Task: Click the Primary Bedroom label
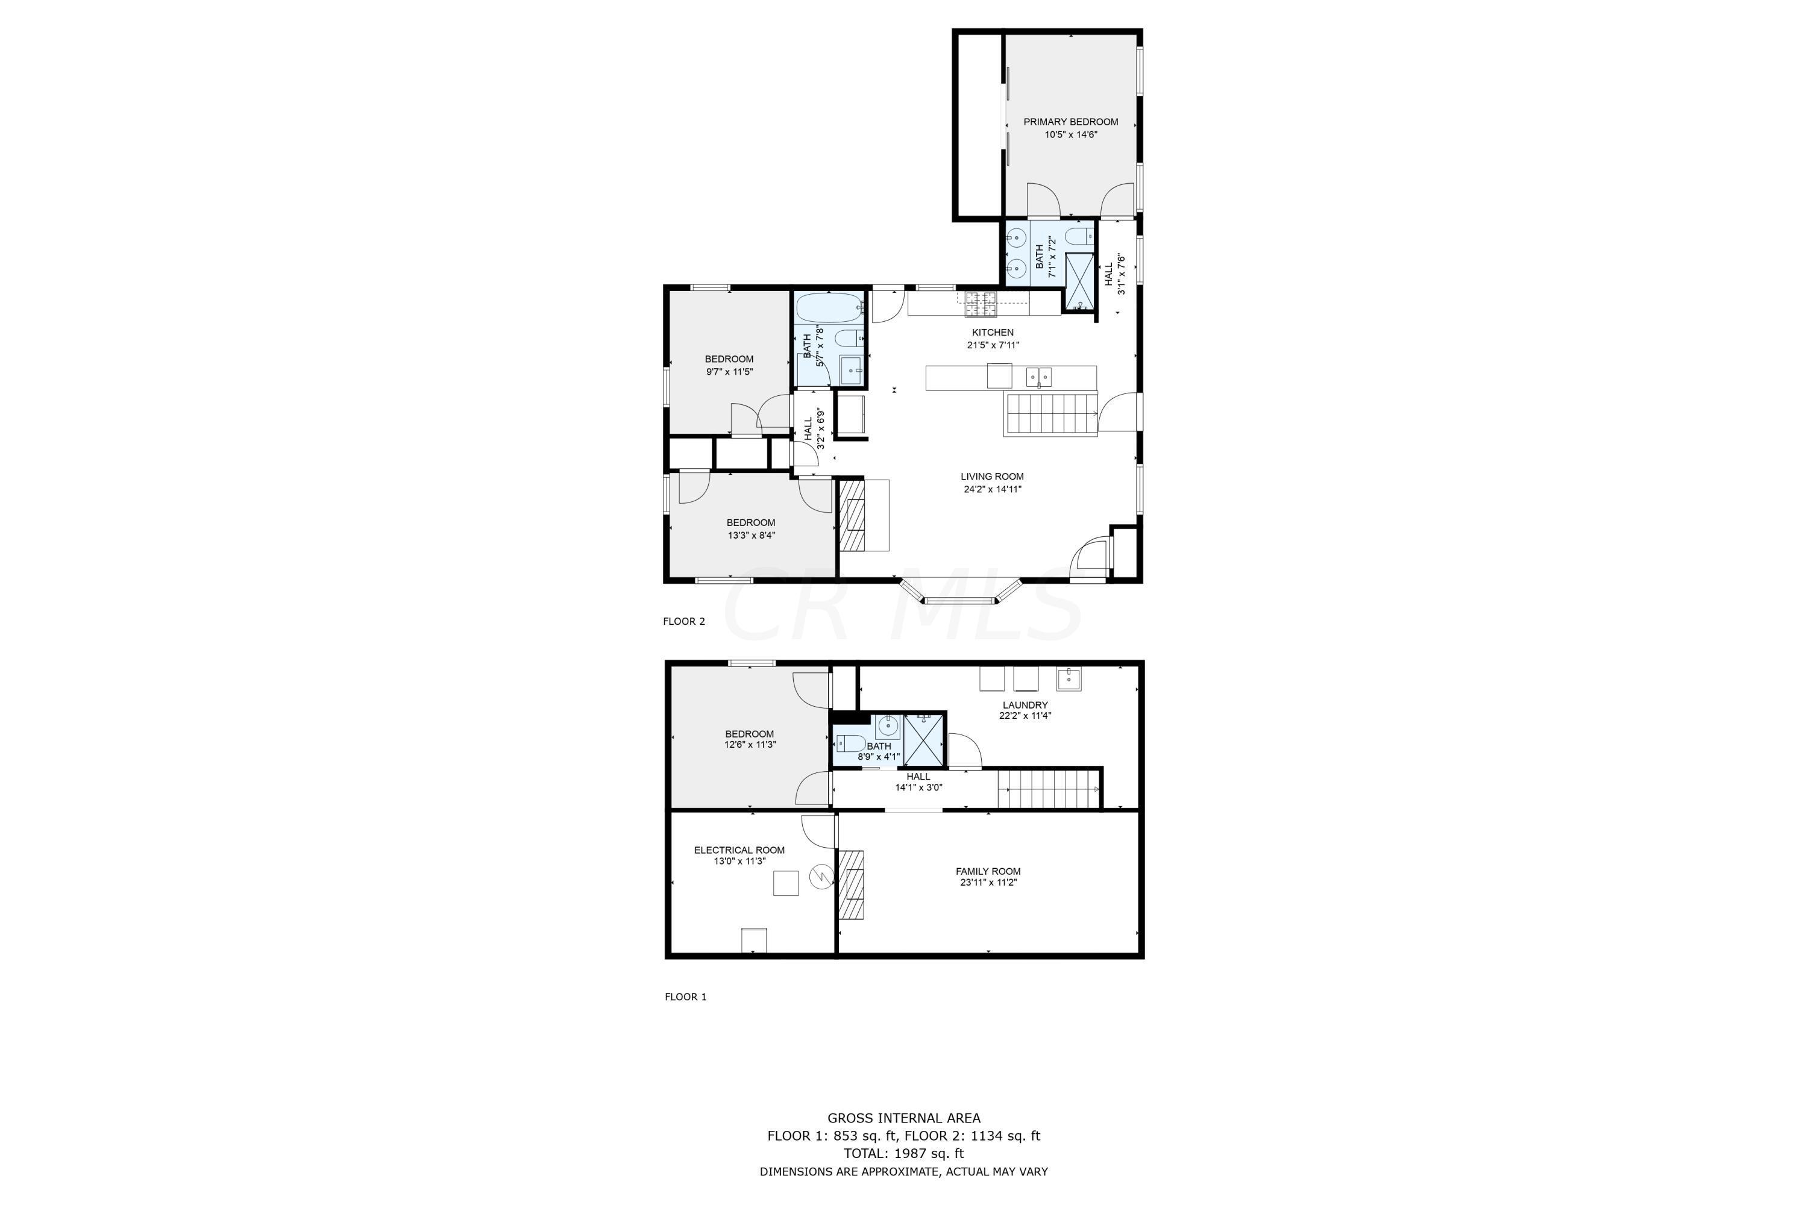[1070, 122]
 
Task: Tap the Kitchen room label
[993, 332]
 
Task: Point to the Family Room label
[988, 871]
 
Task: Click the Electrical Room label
[739, 850]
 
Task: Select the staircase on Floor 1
[1049, 789]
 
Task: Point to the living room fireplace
[853, 515]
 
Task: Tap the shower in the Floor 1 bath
[923, 739]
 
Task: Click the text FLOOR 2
[683, 621]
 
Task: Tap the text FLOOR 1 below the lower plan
[685, 997]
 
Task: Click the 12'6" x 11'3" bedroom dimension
[750, 745]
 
